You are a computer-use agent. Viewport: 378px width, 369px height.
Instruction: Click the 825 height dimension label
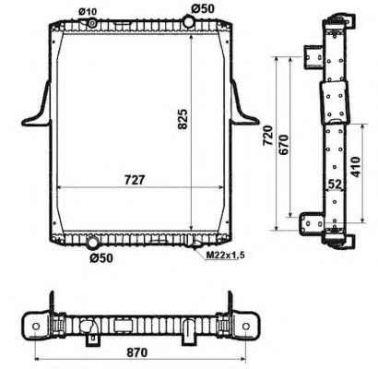183,119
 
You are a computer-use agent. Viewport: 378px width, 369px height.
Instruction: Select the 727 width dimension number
135,180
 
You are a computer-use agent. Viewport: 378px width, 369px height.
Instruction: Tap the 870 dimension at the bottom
137,352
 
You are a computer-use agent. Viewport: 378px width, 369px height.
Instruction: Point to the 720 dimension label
267,136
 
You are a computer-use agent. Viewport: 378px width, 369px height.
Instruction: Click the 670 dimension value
283,145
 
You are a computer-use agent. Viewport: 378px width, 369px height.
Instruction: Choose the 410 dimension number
356,167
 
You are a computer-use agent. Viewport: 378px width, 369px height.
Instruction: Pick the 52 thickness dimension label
335,184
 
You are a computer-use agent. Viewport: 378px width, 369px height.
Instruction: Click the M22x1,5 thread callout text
225,255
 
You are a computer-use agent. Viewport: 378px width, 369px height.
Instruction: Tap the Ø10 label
88,12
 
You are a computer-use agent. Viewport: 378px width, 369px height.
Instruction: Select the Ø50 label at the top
203,8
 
